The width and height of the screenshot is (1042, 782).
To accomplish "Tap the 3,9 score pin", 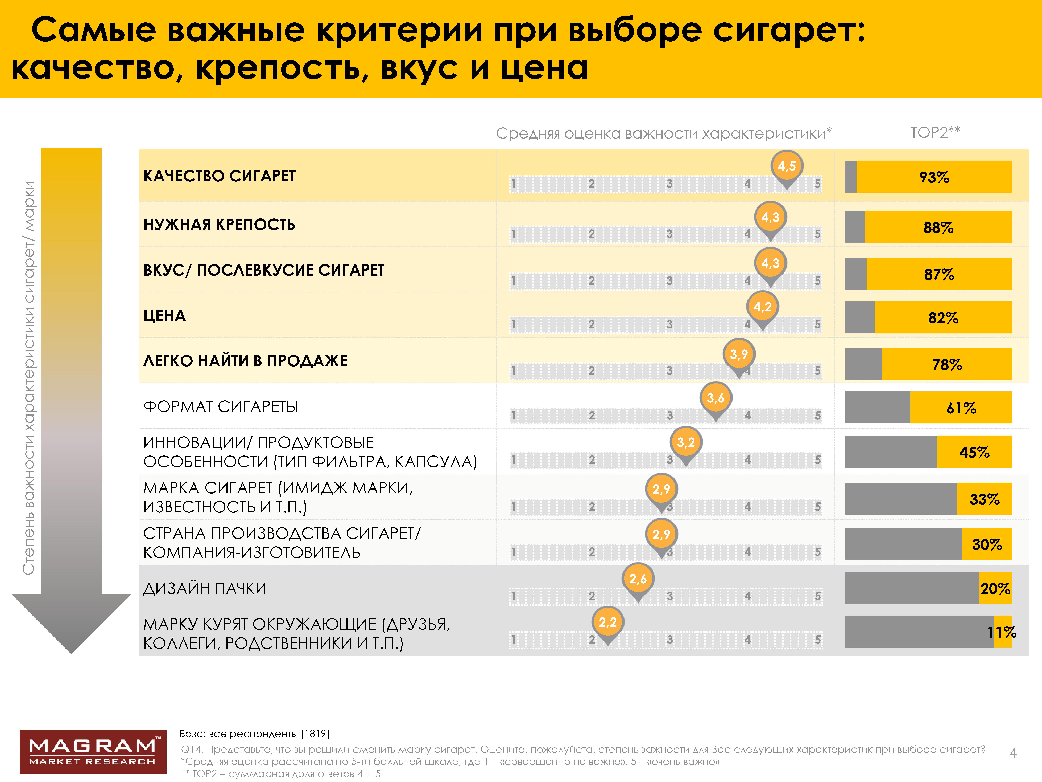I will [x=739, y=355].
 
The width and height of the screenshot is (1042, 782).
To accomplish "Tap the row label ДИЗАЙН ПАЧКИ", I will [x=205, y=588].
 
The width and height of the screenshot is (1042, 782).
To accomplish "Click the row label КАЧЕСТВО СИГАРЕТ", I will [x=220, y=176].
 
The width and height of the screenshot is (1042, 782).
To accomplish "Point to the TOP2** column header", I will [x=935, y=132].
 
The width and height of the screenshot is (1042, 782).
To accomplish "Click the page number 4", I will [x=1013, y=753].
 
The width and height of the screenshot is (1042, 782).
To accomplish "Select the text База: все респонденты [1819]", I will [x=254, y=734].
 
